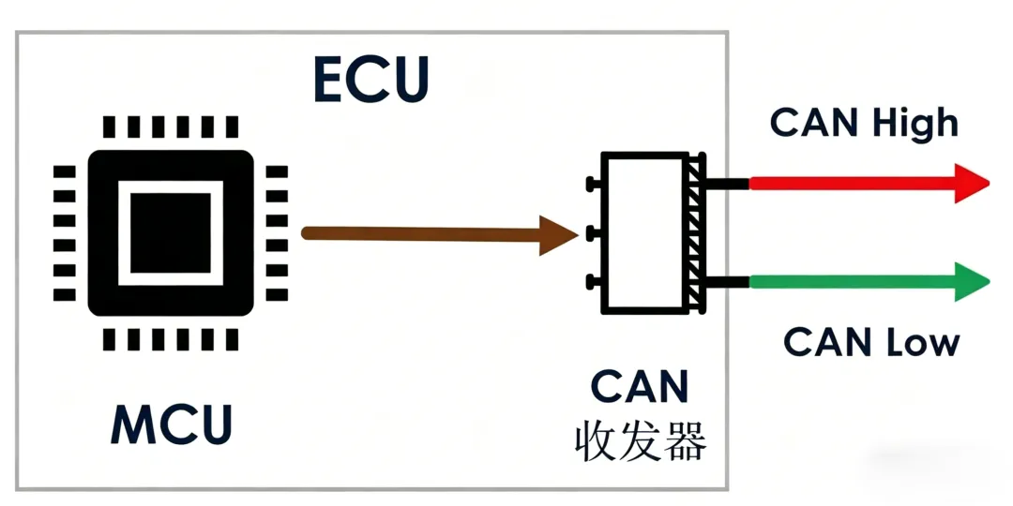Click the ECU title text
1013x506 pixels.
(x=371, y=80)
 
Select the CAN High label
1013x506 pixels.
(x=864, y=123)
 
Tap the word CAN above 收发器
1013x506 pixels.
(x=640, y=387)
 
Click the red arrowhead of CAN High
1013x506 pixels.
(x=971, y=184)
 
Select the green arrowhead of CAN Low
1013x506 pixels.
(x=972, y=281)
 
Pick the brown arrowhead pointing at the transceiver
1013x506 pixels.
(x=558, y=235)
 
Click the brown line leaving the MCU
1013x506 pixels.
(x=421, y=233)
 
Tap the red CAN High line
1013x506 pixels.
(x=852, y=184)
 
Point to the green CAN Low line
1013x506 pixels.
(x=852, y=282)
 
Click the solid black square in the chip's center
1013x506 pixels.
(x=171, y=233)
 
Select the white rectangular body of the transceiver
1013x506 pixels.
(x=644, y=233)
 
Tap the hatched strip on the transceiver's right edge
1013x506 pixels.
(x=697, y=233)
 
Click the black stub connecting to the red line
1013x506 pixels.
(x=728, y=184)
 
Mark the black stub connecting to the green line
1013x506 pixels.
(x=728, y=282)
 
